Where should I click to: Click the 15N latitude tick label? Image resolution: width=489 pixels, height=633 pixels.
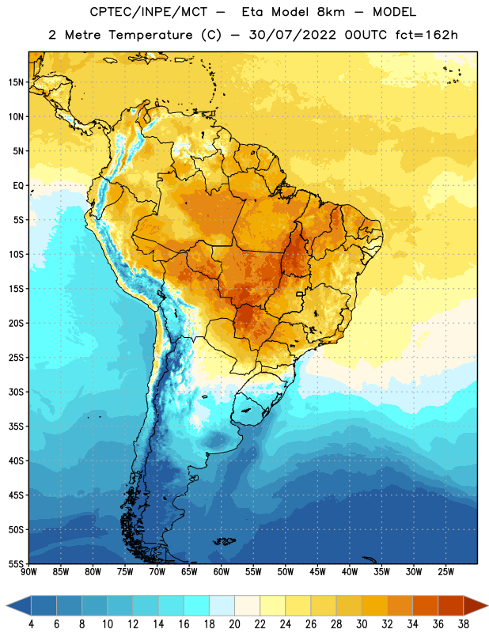(16, 82)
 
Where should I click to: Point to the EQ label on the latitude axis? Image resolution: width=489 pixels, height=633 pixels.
(18, 186)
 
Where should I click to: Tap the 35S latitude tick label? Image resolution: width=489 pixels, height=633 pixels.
(16, 426)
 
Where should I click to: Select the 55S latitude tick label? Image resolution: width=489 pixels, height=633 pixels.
(16, 563)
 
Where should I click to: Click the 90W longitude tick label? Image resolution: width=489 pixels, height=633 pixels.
(29, 571)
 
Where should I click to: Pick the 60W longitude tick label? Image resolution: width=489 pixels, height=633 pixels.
(222, 571)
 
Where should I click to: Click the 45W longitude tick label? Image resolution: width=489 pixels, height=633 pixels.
(318, 571)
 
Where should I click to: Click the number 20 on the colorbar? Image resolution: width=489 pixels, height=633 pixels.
(234, 624)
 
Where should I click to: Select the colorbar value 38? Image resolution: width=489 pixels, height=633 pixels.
(464, 624)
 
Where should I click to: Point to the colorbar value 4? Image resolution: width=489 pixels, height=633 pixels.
(31, 624)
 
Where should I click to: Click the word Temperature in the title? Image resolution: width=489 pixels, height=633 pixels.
(150, 35)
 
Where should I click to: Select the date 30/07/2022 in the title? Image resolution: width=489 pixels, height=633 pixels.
(292, 35)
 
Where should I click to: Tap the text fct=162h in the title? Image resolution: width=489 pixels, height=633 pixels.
(426, 35)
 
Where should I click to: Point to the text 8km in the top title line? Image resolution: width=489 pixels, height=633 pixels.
(331, 12)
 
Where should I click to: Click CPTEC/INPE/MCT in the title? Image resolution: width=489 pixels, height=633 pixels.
(149, 13)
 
